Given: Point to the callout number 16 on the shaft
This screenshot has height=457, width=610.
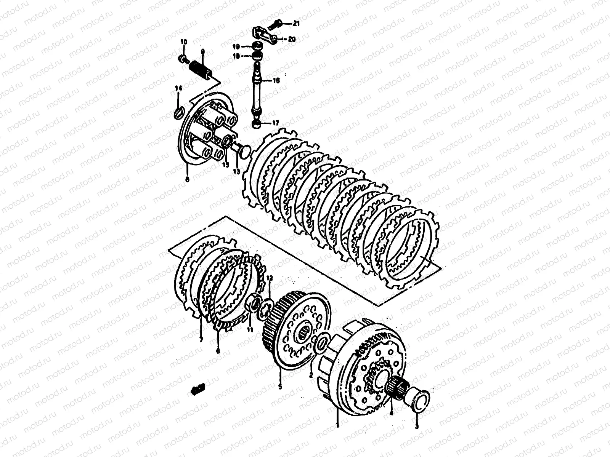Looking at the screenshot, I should pyautogui.click(x=276, y=81).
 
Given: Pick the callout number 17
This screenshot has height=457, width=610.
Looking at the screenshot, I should pyautogui.click(x=275, y=123).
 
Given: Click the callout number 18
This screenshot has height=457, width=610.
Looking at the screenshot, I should pyautogui.click(x=236, y=56).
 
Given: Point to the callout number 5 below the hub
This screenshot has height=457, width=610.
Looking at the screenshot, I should pyautogui.click(x=280, y=387).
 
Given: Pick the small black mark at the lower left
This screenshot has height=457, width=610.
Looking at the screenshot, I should pyautogui.click(x=199, y=389).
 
